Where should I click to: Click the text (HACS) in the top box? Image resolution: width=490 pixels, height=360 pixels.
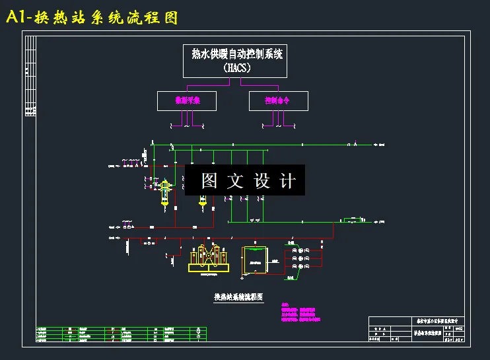(236, 67)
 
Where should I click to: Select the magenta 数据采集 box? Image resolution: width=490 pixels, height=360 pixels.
(187, 100)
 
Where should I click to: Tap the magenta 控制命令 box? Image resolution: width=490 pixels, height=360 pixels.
(277, 100)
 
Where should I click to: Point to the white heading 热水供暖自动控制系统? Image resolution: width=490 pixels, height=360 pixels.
(236, 54)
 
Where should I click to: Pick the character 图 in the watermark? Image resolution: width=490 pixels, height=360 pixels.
(209, 181)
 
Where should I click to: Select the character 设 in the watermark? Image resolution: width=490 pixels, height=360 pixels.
(262, 181)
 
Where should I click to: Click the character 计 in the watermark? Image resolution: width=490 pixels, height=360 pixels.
(288, 181)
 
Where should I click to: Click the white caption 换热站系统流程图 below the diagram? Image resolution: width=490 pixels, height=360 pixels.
(238, 297)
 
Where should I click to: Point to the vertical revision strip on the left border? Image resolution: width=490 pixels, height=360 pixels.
(30, 76)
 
